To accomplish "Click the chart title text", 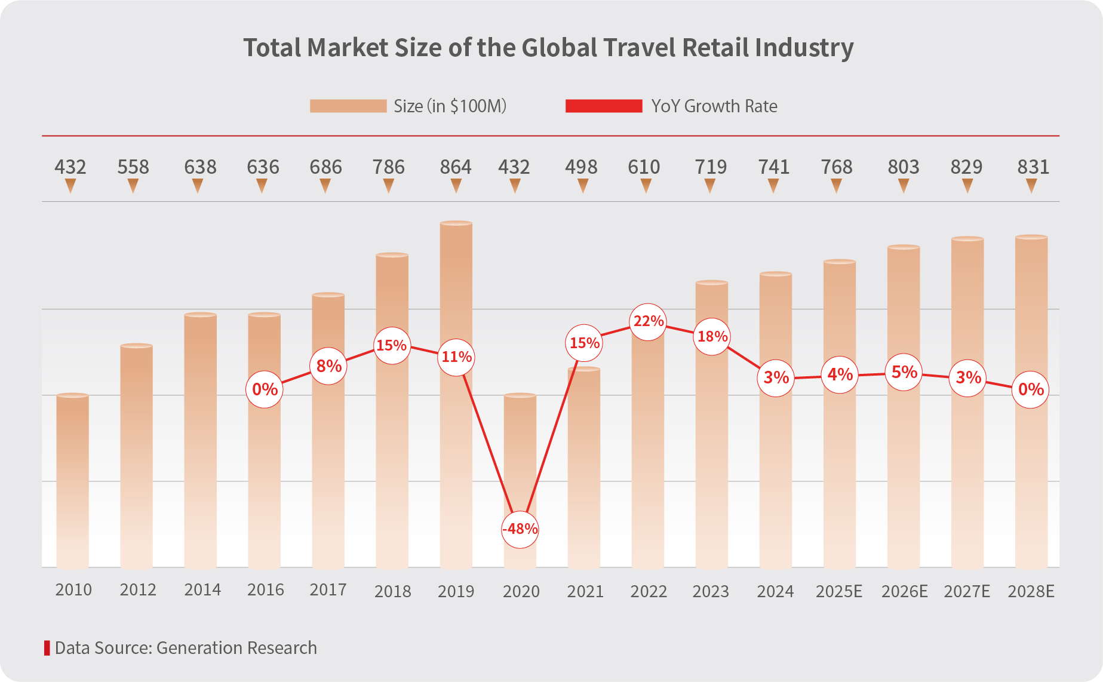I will click(548, 48).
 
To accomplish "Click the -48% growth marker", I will click(520, 529).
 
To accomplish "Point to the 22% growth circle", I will click(648, 321).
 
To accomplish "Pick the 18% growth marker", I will click(712, 337).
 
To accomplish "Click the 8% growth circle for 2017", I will click(328, 365).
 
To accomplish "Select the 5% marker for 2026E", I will click(904, 372).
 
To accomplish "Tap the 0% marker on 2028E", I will click(1031, 389).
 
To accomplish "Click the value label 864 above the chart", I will click(456, 167).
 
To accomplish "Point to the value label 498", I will click(581, 167).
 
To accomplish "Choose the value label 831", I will click(1033, 167).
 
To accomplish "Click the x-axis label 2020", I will click(521, 591).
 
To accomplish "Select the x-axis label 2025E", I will click(839, 591).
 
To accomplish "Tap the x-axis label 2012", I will click(137, 590).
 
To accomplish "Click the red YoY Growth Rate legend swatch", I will click(604, 106).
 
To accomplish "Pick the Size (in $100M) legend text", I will click(450, 106).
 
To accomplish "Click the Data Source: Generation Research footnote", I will click(185, 648).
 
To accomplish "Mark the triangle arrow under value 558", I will click(133, 187).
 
